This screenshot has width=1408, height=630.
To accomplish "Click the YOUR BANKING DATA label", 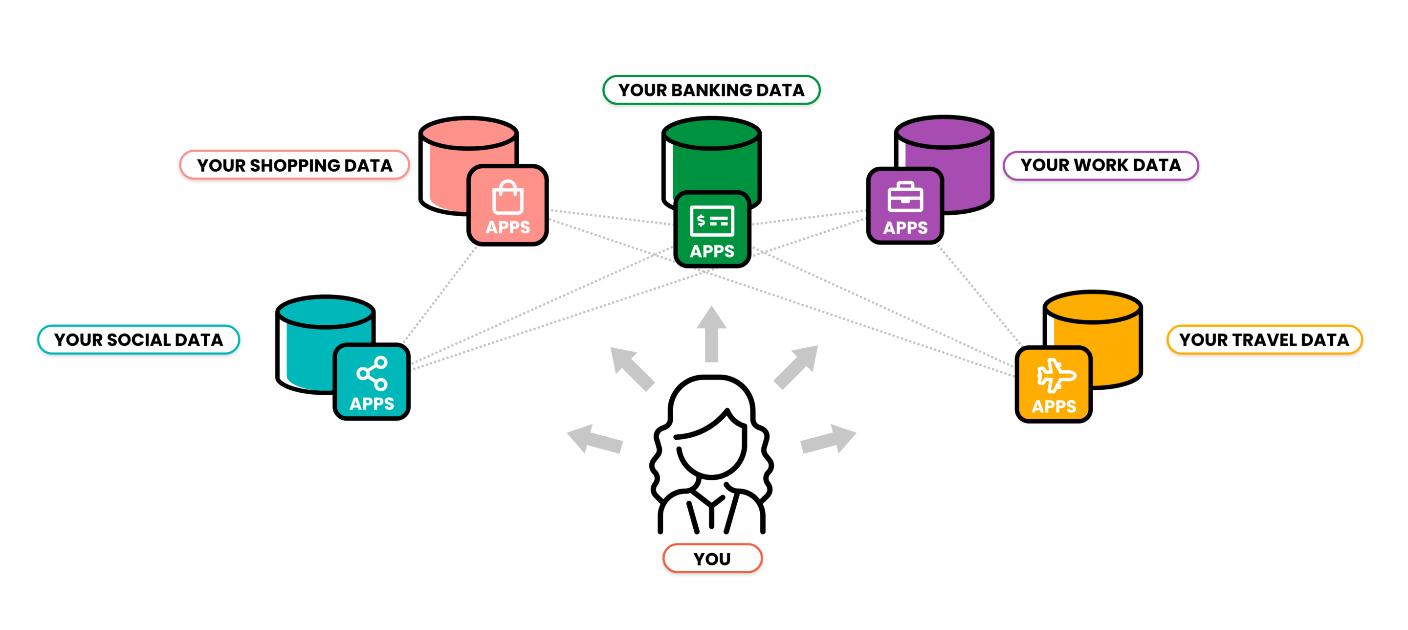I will pyautogui.click(x=711, y=90).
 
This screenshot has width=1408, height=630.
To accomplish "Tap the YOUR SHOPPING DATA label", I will pyautogui.click(x=295, y=165).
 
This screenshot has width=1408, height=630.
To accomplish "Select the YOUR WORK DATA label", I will pyautogui.click(x=1100, y=165).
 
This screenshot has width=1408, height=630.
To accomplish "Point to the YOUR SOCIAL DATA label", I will pyautogui.click(x=138, y=339).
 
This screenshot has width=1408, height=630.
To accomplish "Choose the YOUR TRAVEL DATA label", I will pyautogui.click(x=1264, y=339).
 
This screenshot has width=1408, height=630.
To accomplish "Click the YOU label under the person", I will pyautogui.click(x=712, y=559).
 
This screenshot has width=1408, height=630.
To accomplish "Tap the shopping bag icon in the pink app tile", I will pyautogui.click(x=508, y=198).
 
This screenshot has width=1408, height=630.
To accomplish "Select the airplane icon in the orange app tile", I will pyautogui.click(x=1056, y=376).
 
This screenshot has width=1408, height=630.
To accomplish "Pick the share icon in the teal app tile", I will pyautogui.click(x=372, y=373).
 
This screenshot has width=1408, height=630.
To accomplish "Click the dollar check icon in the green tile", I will pyautogui.click(x=712, y=221).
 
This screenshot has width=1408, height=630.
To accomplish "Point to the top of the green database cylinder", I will pyautogui.click(x=711, y=133).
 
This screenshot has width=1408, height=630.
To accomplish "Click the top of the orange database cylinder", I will pyautogui.click(x=1093, y=307).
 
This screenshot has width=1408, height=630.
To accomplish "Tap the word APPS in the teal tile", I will pyautogui.click(x=372, y=404).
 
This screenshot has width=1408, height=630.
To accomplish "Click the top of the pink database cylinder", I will pyautogui.click(x=468, y=134).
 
